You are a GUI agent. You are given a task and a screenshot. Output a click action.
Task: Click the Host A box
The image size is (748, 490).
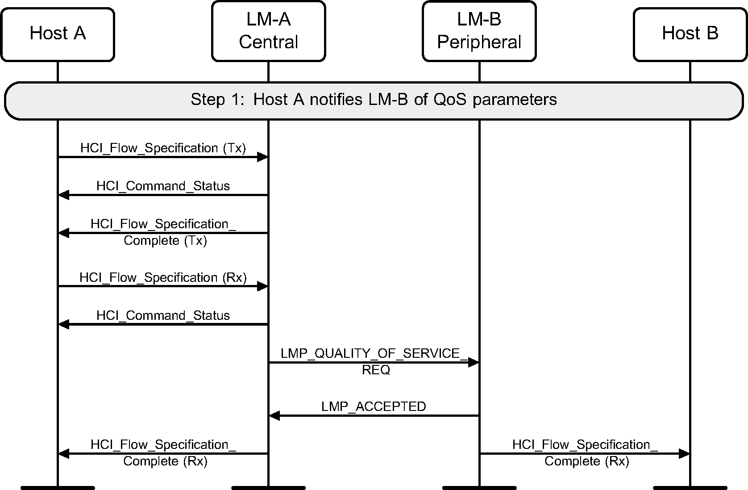pos(58,34)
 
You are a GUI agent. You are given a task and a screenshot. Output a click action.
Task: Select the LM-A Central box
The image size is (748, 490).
pos(268,31)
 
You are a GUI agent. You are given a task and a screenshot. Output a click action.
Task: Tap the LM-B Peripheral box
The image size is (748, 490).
pos(479,31)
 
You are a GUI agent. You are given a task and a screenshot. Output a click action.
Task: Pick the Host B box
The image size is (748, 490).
pos(690,34)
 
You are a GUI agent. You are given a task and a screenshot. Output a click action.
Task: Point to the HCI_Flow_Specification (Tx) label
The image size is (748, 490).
pos(163,148)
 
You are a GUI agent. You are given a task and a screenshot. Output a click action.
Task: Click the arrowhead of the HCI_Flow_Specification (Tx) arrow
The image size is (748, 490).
pos(262,157)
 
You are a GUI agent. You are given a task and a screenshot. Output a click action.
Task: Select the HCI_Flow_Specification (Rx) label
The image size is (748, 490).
pos(163,278)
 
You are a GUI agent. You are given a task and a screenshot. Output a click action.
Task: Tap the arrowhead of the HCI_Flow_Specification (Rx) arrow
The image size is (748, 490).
pos(262,286)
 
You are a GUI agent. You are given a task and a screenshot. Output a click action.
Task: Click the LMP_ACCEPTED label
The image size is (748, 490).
pos(374,406)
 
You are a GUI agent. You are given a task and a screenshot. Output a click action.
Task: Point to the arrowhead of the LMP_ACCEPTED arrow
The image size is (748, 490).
pos(274,416)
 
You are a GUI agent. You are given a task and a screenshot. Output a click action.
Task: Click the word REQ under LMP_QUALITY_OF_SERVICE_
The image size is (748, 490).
pos(376,370)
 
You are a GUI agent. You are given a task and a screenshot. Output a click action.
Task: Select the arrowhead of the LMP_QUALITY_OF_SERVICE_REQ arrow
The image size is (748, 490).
pos(473,363)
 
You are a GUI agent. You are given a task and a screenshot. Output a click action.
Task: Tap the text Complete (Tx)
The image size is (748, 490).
pos(165,241)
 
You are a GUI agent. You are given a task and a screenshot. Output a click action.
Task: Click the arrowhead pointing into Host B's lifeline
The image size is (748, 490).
pos(684,454)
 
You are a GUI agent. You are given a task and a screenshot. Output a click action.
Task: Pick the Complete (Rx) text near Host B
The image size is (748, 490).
pos(586,461)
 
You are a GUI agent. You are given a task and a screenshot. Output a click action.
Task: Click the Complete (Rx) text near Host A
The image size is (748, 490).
pos(165,461)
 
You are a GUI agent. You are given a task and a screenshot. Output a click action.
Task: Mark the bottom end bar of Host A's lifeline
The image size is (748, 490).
pos(58,487)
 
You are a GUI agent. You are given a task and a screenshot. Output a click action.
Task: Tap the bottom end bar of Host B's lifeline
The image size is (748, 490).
pos(690,487)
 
